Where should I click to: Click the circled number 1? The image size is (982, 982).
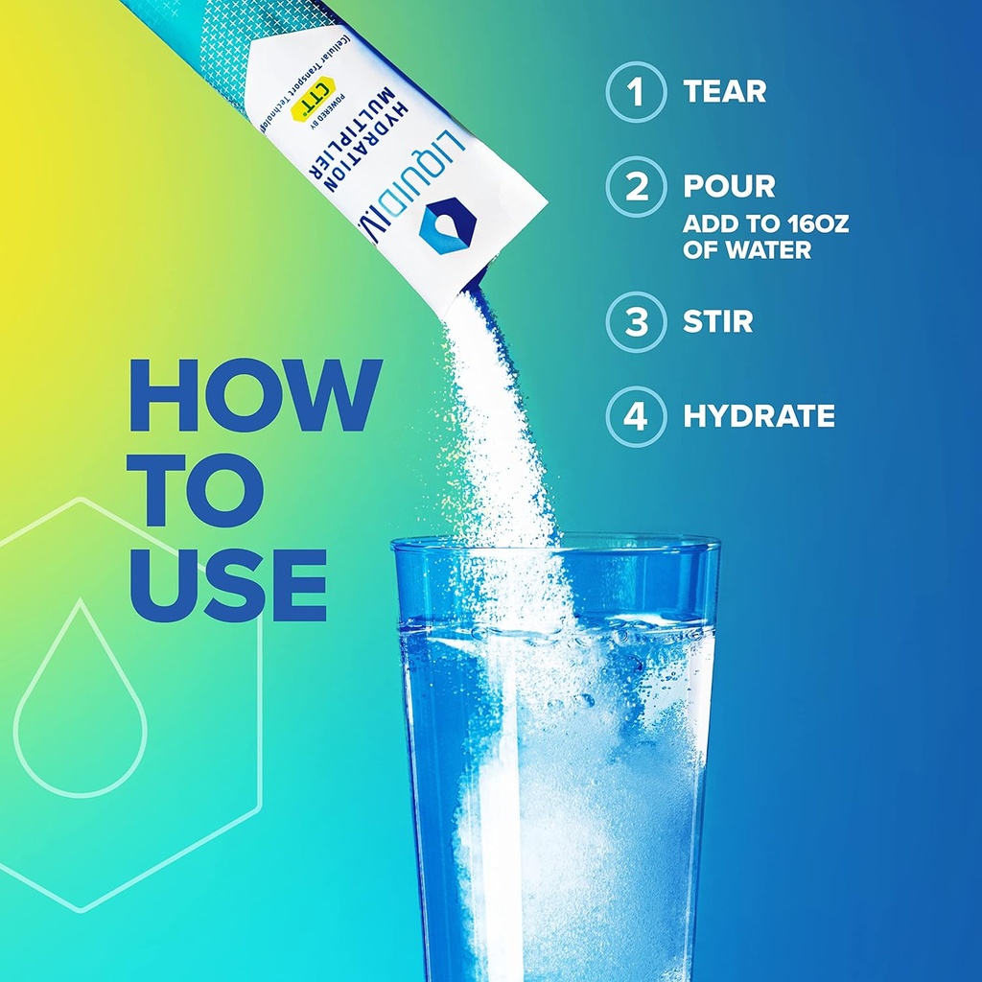point(635,92)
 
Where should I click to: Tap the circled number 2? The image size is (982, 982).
point(635,186)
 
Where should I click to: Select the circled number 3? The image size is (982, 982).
point(635,321)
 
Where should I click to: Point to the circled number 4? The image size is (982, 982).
point(635,416)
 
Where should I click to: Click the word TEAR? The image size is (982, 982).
point(724,92)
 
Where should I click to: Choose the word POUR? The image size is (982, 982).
point(729,186)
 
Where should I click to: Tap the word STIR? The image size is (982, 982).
point(717,321)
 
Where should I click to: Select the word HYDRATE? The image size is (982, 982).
point(759,416)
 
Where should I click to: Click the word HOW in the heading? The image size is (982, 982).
point(255,395)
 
